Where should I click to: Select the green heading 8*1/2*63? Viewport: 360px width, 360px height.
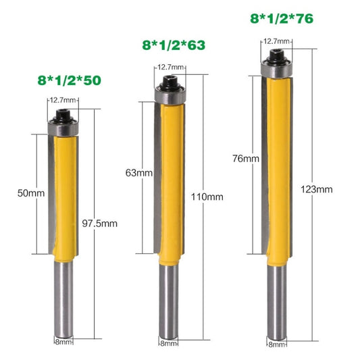click(172, 46)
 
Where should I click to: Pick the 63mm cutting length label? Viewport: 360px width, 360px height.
click(138, 173)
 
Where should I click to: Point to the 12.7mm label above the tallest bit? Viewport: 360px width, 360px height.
click(276, 41)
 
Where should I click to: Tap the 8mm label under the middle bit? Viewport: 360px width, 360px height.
click(170, 343)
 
